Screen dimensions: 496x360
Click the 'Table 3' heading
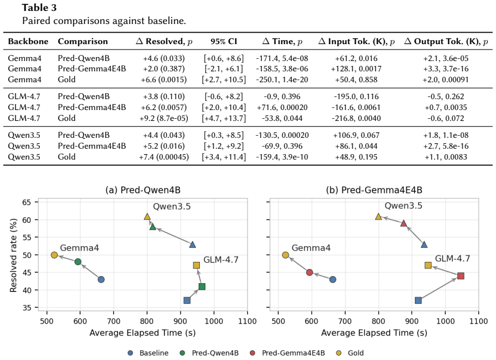[x=39, y=8]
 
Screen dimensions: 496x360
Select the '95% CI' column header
[x=224, y=41]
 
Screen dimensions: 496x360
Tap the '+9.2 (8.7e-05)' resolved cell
[x=163, y=118]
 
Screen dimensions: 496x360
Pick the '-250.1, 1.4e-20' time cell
[x=282, y=80]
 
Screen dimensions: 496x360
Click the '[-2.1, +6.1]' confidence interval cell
[x=224, y=69]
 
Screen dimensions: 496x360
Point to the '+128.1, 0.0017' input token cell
[x=356, y=69]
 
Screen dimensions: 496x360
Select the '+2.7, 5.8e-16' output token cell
[x=446, y=146]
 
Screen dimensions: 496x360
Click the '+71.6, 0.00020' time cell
[x=282, y=107]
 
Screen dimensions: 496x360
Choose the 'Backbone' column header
[x=28, y=41]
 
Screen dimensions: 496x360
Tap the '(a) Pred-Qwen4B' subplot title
[x=143, y=190]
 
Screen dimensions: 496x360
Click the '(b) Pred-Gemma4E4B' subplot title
[x=374, y=190]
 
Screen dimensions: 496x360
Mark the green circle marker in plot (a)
[x=78, y=261]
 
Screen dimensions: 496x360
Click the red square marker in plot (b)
[x=461, y=276]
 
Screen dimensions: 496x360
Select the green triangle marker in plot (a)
[x=153, y=227]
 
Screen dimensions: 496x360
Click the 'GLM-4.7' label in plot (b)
[x=452, y=259]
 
